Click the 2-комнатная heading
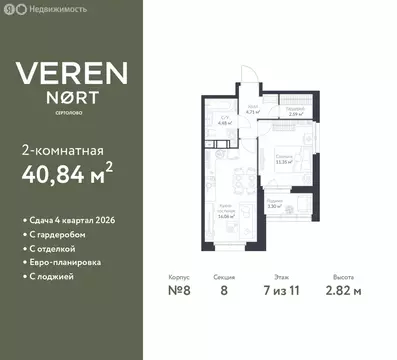click(61, 151)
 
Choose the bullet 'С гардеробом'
click(55, 233)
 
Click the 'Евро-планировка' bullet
click(60, 261)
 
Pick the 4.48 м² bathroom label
click(226, 125)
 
